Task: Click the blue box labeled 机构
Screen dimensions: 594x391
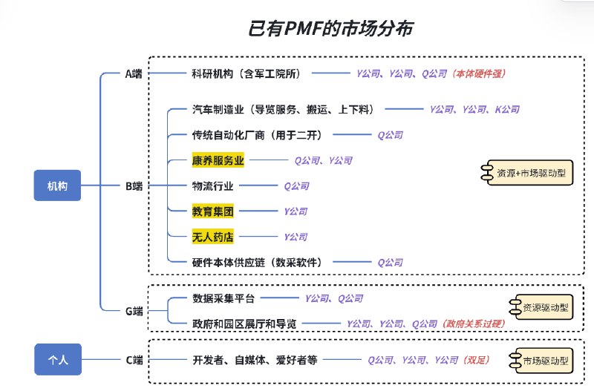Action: pyautogui.click(x=57, y=185)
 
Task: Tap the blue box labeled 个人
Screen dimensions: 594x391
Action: pyautogui.click(x=58, y=359)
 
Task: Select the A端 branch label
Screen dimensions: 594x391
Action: pyautogui.click(x=134, y=73)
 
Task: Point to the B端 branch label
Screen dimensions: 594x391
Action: pyautogui.click(x=134, y=185)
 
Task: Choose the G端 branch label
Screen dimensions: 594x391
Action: pyautogui.click(x=134, y=311)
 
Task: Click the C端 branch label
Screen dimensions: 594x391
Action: pyautogui.click(x=134, y=360)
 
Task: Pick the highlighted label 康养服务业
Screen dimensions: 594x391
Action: pyautogui.click(x=218, y=160)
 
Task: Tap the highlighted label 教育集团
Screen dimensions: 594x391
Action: pyautogui.click(x=212, y=211)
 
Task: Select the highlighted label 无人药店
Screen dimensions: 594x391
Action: pyautogui.click(x=212, y=237)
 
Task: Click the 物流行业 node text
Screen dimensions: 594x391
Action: pyautogui.click(x=212, y=185)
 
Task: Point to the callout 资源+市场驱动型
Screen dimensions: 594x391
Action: pyautogui.click(x=527, y=173)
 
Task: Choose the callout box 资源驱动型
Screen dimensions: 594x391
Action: pyautogui.click(x=541, y=307)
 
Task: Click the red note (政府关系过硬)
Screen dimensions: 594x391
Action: pyautogui.click(x=474, y=324)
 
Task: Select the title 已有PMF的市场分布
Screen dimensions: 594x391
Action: pyautogui.click(x=330, y=28)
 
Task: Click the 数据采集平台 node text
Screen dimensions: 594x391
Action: pyautogui.click(x=223, y=298)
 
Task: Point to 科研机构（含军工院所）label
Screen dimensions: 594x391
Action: pyautogui.click(x=247, y=73)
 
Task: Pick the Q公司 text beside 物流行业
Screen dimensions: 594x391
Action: pyautogui.click(x=296, y=185)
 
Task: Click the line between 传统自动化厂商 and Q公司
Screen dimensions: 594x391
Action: pyautogui.click(x=352, y=134)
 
